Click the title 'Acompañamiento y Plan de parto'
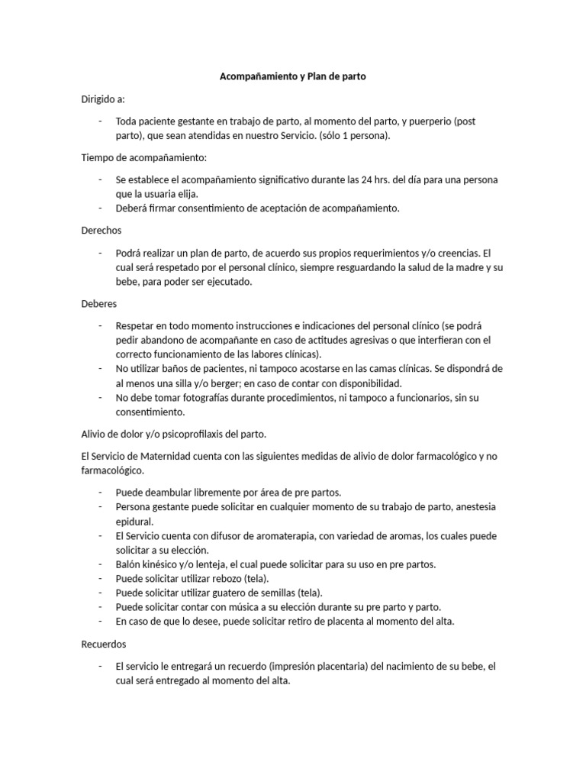(293, 77)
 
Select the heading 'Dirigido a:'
(103, 99)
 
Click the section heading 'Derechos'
(101, 230)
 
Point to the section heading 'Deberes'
(100, 303)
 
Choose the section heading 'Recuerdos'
(104, 645)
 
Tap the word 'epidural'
(135, 522)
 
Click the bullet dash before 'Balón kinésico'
(101, 564)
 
